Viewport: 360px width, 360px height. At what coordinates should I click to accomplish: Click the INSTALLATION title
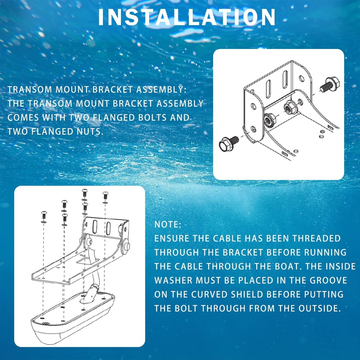click(187, 17)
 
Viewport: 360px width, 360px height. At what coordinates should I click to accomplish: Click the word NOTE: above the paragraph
click(168, 225)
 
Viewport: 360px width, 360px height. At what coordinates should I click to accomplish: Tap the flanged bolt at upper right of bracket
click(327, 85)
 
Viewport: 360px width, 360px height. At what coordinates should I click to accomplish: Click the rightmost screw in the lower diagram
click(105, 195)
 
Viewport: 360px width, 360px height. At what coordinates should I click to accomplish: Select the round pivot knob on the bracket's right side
click(127, 246)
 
